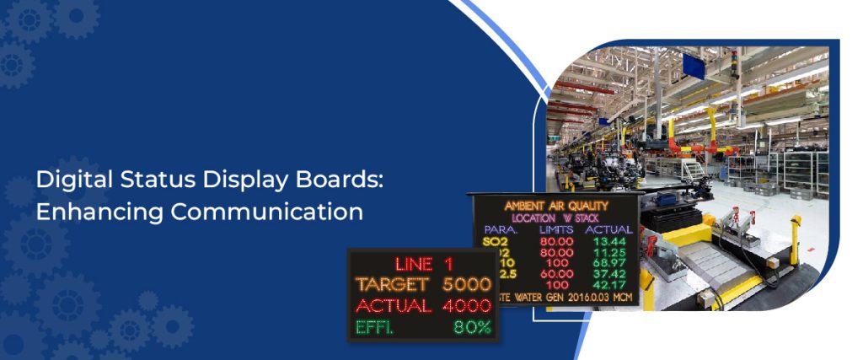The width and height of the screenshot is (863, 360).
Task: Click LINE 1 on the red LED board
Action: (423, 263)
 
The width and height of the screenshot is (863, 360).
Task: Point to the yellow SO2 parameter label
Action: (490, 241)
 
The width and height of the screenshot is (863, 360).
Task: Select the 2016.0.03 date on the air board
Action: (583, 298)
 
